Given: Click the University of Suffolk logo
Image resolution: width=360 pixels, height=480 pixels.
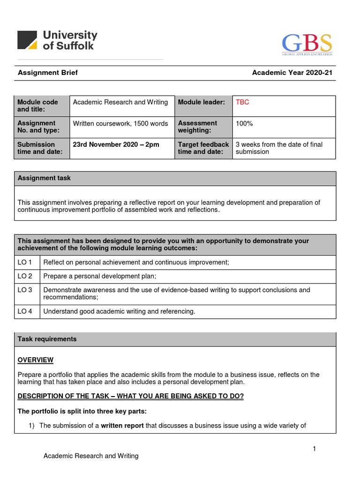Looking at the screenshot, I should coord(57,40).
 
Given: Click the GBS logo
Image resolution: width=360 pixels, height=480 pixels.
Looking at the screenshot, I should coord(307,44).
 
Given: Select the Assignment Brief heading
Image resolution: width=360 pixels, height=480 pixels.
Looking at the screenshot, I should coord(48,73).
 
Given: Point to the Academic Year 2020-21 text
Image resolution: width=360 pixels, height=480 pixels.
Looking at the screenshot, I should coord(292,73).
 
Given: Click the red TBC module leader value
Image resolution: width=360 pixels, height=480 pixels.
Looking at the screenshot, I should coord(242,102).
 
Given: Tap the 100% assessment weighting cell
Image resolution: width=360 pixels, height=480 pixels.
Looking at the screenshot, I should coord(244,123).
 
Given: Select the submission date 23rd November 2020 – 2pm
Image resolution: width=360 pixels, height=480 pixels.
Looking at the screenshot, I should coord(116,144).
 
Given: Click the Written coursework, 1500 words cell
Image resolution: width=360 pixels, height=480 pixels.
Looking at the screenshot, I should coord(120,123).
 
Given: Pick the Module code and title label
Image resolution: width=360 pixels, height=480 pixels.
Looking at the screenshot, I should coord(38,105).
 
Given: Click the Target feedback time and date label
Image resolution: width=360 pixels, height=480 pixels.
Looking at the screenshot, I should coord(203,148).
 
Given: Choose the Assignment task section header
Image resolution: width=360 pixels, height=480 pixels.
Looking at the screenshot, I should coord(44,178).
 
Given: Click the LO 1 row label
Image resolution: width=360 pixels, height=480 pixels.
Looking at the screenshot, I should coord(25,262).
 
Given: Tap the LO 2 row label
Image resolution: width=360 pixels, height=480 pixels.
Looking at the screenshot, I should coord(25,276).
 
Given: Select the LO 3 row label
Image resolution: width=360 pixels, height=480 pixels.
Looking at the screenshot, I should coord(25,290).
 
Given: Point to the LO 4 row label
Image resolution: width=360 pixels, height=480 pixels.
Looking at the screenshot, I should coord(25,311).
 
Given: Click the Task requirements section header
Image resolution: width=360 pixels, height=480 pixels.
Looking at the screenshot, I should coord(47,339).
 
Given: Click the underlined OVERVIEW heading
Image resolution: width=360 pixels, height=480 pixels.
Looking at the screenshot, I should coord(36,360).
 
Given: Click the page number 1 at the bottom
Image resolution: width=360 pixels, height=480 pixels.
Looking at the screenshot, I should coord(315,449).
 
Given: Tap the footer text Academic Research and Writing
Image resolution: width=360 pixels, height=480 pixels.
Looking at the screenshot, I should coord(91,456).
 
